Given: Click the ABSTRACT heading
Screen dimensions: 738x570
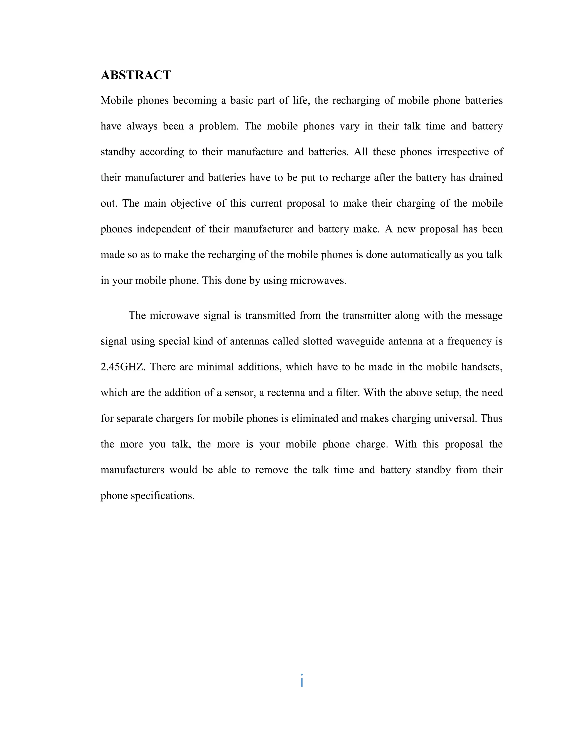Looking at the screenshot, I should [136, 75].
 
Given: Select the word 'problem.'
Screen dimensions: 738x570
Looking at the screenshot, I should [219, 126].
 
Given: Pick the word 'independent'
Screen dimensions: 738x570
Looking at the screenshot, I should [163, 229].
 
